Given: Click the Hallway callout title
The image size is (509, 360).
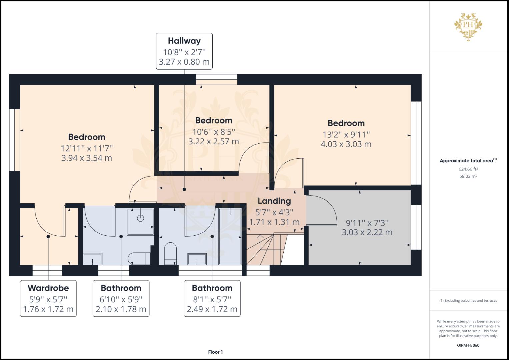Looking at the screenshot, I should click(184, 41).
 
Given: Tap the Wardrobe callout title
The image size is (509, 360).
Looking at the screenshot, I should click(48, 288).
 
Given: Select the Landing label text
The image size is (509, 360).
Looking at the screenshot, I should click(274, 201).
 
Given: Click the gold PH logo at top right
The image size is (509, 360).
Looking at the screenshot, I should click(468, 27).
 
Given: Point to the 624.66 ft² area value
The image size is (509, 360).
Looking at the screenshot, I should click(468, 169).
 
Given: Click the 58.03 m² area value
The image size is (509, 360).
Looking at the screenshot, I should click(468, 176).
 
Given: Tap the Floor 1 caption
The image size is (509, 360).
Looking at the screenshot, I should click(215, 352).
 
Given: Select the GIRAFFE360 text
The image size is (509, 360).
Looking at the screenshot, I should click(468, 345).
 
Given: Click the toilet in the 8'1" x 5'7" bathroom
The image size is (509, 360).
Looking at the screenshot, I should click(170, 253).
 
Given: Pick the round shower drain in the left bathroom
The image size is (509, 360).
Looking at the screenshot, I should click(141, 218).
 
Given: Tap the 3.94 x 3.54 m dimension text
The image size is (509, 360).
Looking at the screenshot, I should click(86, 158).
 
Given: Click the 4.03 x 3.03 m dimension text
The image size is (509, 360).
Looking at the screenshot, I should click(346, 144).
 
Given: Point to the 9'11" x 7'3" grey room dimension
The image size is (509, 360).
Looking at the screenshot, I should click(367, 223).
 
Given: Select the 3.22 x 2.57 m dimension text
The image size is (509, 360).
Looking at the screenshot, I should click(213, 141).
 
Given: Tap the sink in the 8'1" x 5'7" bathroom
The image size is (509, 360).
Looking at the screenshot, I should click(197, 259).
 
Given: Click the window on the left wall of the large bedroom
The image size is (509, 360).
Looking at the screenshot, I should click(12, 140).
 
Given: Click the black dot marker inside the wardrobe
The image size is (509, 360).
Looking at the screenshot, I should click(48, 236).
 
